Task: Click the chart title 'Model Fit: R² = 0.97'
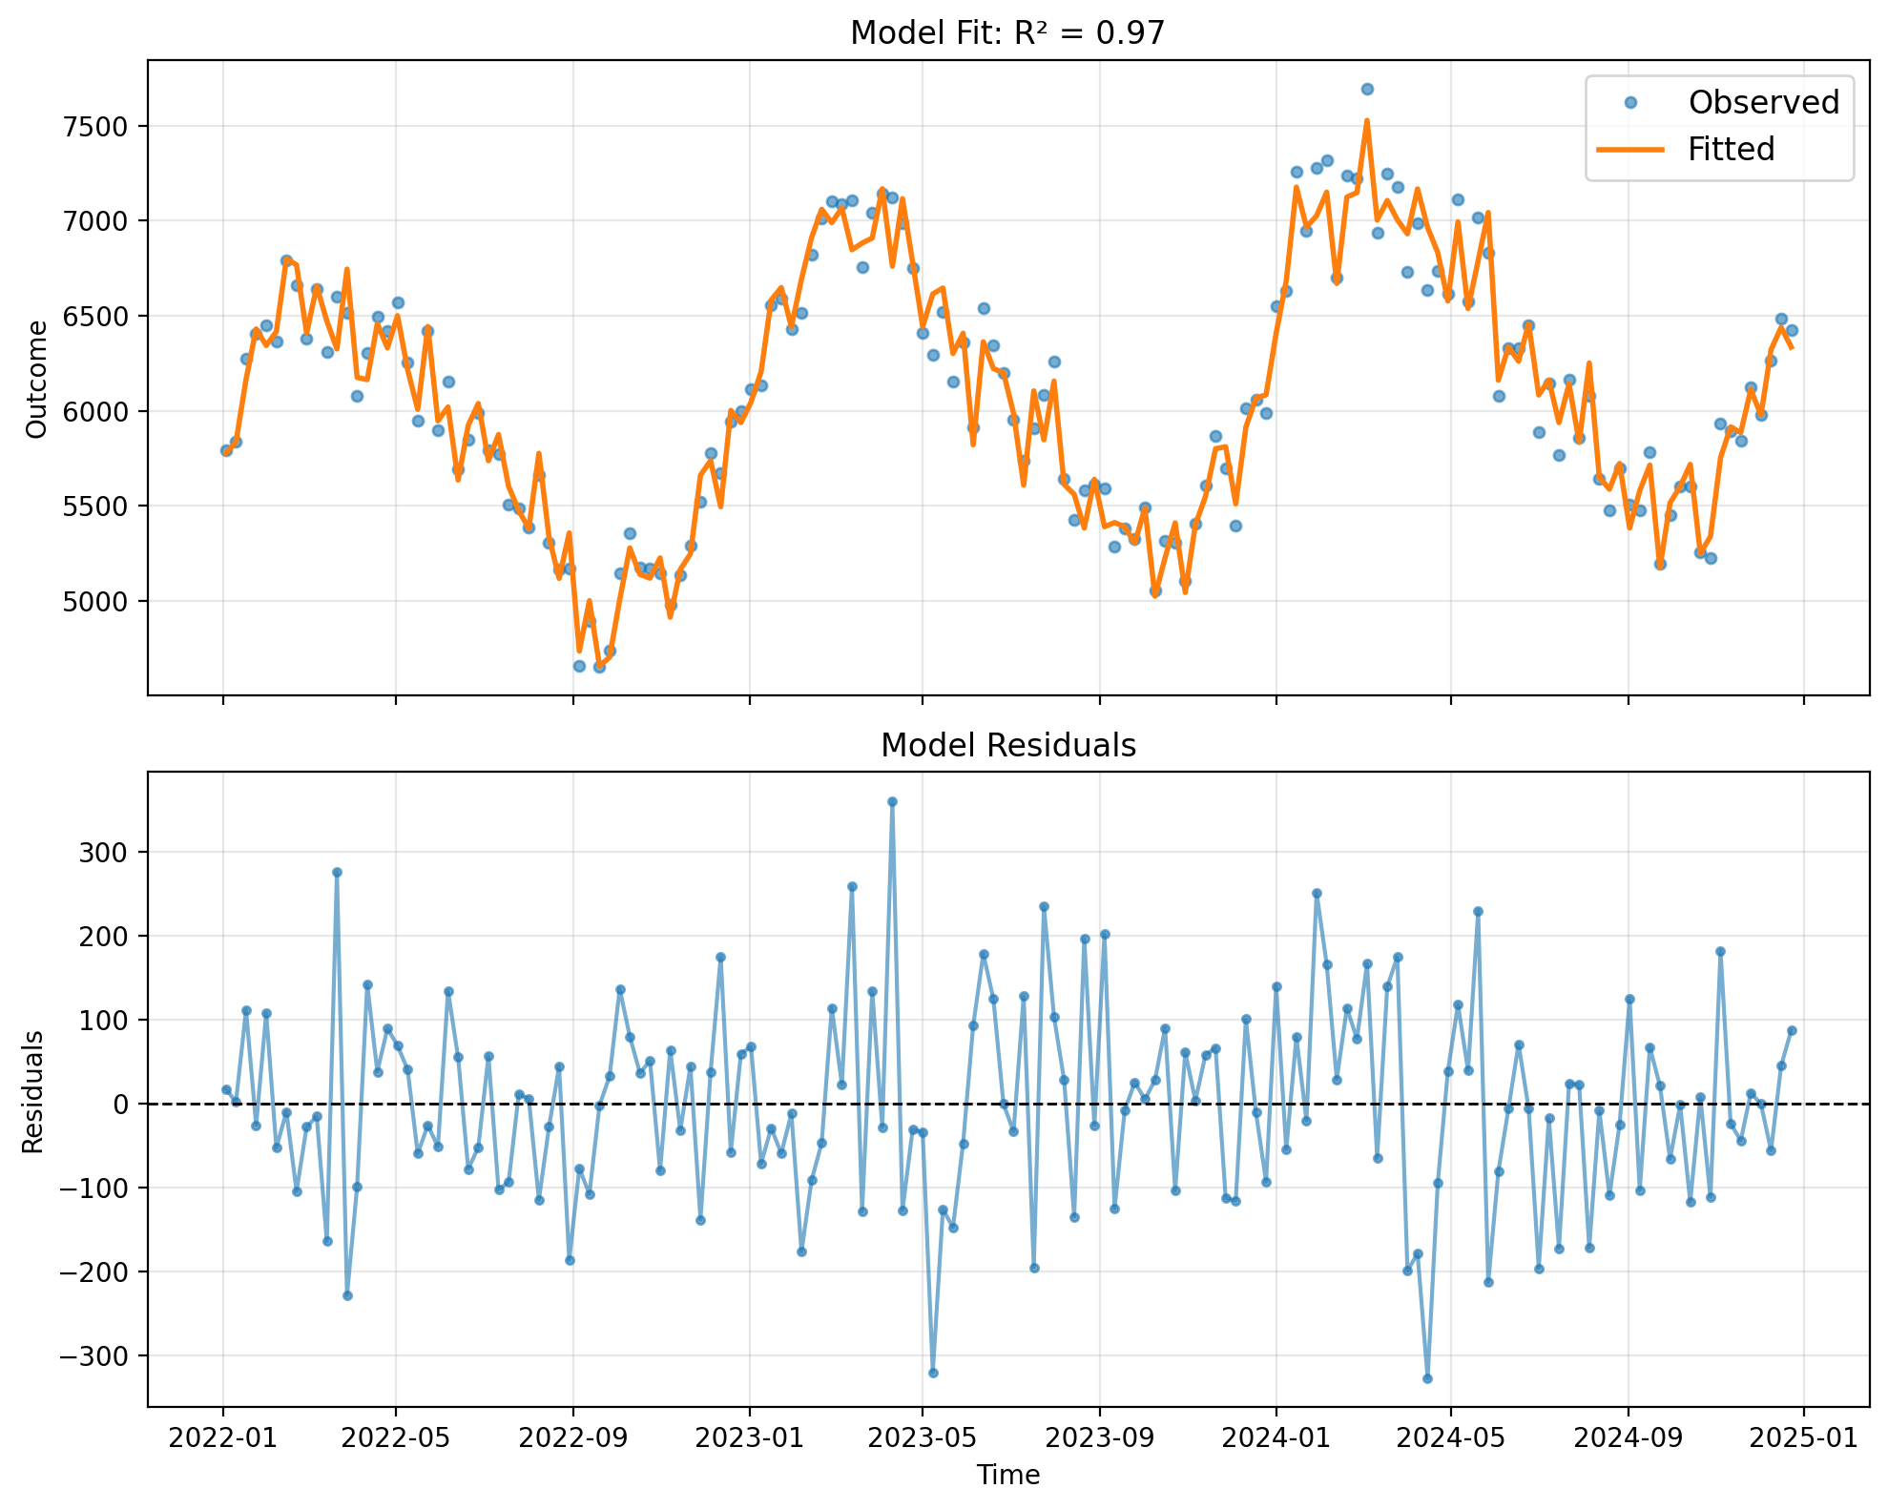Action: pos(1007,33)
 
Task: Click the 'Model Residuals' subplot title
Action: pos(1007,745)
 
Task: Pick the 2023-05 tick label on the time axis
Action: pos(922,1437)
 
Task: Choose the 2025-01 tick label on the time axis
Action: pos(1802,1437)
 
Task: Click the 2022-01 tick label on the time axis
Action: pos(223,1437)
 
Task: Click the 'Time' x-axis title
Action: pos(1007,1475)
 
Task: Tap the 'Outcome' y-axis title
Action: pos(36,379)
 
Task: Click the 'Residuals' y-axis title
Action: pos(33,1090)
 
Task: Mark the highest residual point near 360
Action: pos(892,801)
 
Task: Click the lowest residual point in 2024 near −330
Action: pos(1427,1378)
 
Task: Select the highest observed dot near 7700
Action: pos(1366,89)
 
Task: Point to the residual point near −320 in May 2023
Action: pos(933,1373)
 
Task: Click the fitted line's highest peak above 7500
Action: pos(1366,121)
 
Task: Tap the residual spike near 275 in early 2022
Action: pos(337,872)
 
